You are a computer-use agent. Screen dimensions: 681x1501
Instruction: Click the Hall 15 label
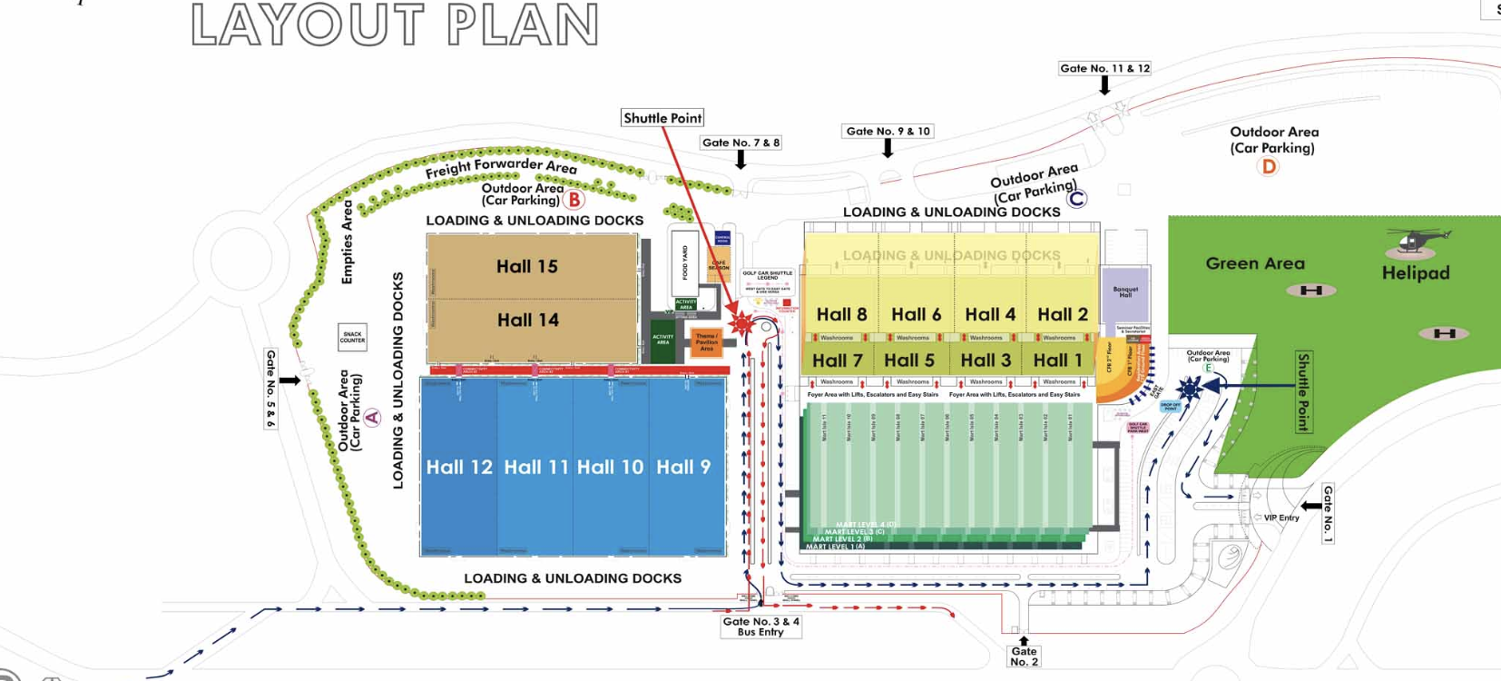[x=526, y=266]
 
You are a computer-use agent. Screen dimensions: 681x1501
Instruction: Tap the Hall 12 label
[x=459, y=467]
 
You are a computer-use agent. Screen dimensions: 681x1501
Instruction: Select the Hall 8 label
[x=841, y=314]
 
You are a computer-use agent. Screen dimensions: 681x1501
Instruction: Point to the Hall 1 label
[x=1057, y=360]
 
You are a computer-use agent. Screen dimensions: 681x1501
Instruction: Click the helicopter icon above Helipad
[x=1416, y=241]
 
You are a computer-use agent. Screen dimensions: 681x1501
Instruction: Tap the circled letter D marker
[x=1268, y=166]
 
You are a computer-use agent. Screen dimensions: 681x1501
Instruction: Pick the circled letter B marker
[x=574, y=199]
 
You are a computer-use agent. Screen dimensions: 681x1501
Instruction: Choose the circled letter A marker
[x=372, y=418]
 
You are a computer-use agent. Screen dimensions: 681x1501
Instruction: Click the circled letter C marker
[x=1076, y=198]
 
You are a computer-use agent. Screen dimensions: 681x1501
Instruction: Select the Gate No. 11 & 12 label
[x=1104, y=68]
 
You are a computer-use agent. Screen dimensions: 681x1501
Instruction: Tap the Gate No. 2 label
[x=1024, y=656]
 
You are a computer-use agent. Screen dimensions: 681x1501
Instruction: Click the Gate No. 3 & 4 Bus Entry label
[x=760, y=627]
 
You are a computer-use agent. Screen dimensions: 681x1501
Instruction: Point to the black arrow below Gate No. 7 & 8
[x=741, y=160]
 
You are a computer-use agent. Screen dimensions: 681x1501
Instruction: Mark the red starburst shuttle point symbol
[x=742, y=322]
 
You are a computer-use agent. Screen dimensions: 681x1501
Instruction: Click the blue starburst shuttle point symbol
[x=1189, y=388]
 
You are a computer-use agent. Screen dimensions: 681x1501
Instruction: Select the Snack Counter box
[x=352, y=337]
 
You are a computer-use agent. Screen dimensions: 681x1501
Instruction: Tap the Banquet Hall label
[x=1125, y=292]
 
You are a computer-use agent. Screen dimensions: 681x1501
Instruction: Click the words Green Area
[x=1255, y=263]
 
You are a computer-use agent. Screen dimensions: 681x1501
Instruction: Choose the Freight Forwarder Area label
[x=501, y=166]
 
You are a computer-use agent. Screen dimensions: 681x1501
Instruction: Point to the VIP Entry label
[x=1281, y=518]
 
